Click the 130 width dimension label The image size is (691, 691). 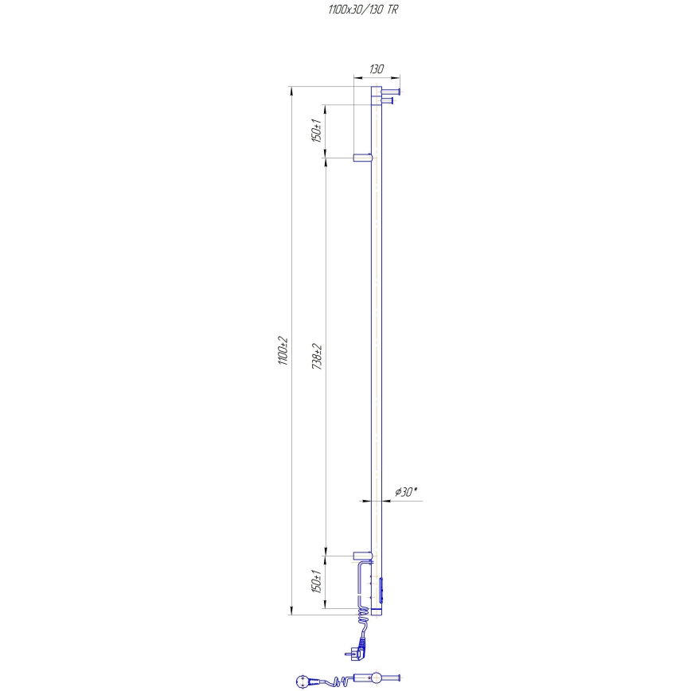tap(376, 69)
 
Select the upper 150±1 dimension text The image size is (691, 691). tap(316, 130)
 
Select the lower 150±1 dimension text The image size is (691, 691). tap(316, 583)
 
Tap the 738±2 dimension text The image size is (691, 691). tap(316, 356)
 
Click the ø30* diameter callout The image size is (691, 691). tap(405, 493)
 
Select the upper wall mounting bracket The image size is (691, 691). tap(362, 158)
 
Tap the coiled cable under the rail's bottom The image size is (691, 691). tap(362, 621)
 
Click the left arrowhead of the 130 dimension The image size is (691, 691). tap(355, 78)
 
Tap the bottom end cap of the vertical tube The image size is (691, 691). tap(377, 614)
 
